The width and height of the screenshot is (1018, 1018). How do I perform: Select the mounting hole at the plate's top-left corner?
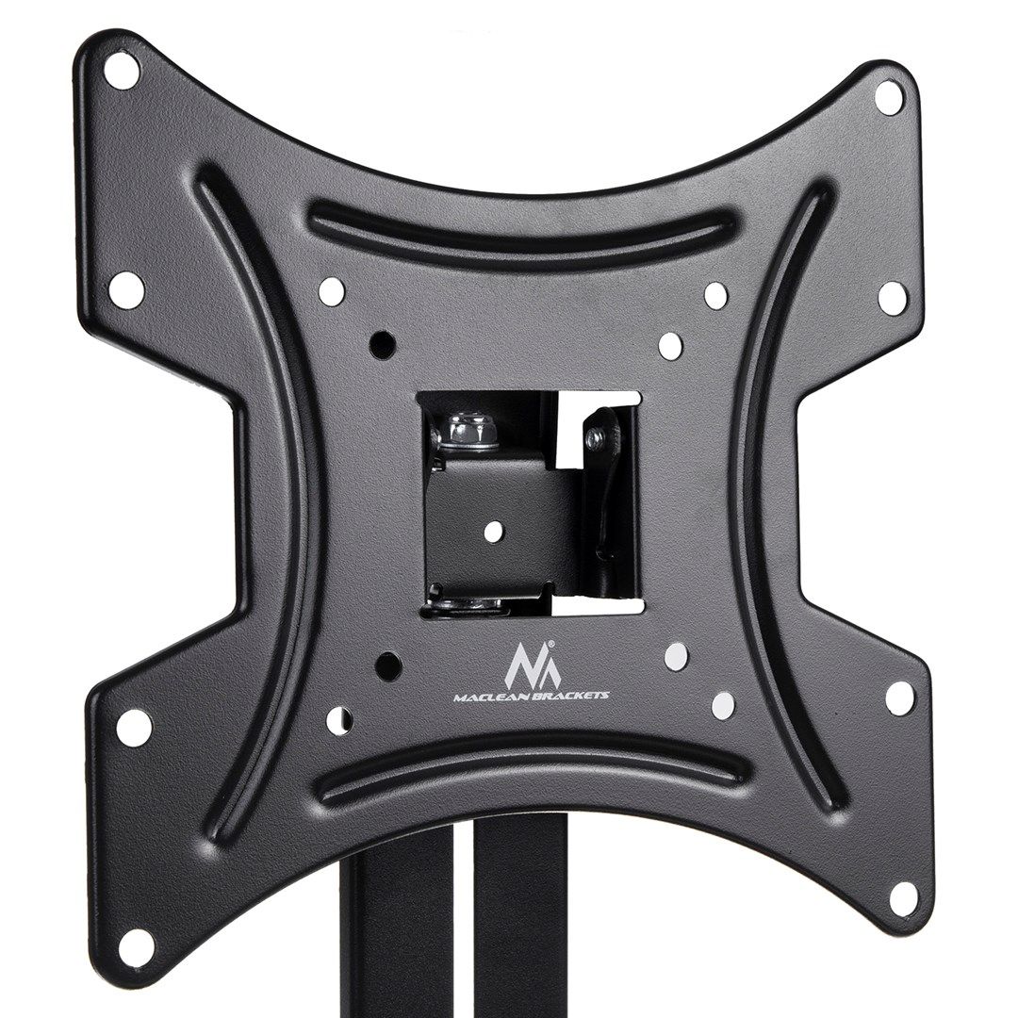[x=122, y=71]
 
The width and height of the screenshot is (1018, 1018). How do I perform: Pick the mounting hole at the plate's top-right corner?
[x=889, y=95]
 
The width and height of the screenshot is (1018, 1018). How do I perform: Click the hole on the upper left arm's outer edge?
[x=128, y=288]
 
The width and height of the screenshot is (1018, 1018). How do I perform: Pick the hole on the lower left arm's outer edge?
[x=135, y=726]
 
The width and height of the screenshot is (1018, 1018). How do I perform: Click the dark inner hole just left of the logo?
[x=386, y=665]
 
